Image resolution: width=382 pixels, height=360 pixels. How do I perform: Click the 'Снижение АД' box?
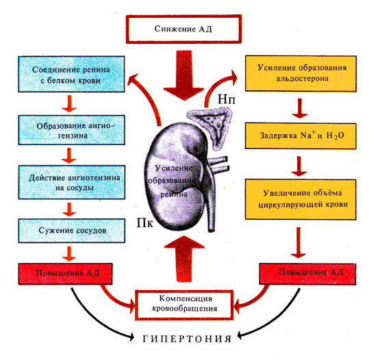point(183,29)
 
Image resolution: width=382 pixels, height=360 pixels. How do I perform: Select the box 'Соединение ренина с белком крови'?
point(71,75)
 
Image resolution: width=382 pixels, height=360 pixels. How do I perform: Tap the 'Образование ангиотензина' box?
point(72,130)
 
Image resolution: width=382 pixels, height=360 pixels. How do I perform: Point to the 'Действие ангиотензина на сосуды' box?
point(72,182)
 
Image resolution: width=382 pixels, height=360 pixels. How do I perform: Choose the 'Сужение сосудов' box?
point(72,231)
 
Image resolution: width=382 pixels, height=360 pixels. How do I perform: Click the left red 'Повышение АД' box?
point(65,274)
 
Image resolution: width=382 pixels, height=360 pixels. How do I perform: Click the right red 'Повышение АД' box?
point(307,274)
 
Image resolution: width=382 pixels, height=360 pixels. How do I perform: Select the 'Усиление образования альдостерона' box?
point(301,73)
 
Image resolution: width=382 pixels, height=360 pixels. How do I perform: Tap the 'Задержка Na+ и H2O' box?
point(301,136)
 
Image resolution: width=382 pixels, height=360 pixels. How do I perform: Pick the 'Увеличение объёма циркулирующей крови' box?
point(301,199)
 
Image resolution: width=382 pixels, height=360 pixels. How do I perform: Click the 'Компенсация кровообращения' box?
point(184,305)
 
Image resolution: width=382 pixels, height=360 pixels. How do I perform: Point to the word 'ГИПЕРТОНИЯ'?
point(187,339)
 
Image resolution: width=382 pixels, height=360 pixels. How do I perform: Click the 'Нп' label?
point(227,100)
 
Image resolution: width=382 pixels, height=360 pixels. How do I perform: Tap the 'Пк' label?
point(144,223)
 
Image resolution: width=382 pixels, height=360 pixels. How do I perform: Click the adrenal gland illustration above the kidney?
point(210,127)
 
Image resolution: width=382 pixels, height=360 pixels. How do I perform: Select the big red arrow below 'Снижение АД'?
point(184,75)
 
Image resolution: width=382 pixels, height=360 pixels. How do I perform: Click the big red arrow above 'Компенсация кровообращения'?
point(184,258)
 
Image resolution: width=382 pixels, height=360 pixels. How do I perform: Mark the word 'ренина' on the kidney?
point(174,194)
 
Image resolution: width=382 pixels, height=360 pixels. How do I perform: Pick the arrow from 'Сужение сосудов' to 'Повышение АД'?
point(69,253)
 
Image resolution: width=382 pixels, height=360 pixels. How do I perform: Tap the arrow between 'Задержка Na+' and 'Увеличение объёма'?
point(299,166)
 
